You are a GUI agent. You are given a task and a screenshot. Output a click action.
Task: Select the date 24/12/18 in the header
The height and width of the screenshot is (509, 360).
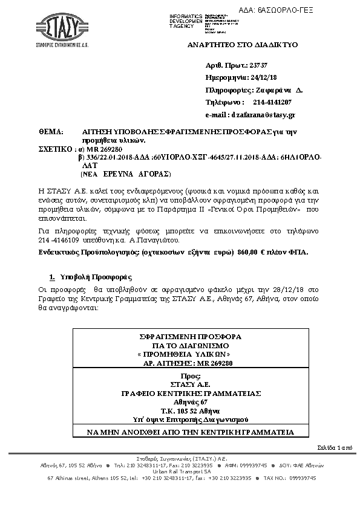click(x=266, y=77)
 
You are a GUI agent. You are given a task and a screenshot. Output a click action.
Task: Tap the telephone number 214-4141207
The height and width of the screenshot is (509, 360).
click(x=276, y=102)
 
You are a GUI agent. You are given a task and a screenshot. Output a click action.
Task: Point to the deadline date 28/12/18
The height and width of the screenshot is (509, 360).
click(x=292, y=290)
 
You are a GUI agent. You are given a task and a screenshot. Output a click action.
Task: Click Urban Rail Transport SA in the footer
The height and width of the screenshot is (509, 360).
click(x=180, y=472)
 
